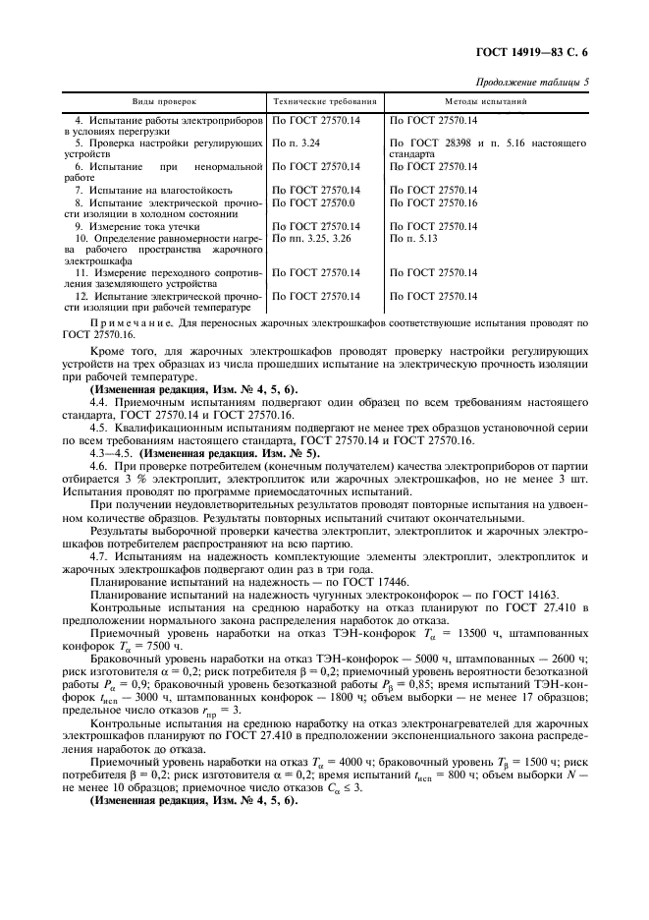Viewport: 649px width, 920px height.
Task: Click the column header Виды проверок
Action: (x=165, y=101)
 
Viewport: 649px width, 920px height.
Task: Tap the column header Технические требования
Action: (x=324, y=101)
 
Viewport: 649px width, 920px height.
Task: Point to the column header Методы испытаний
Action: (x=488, y=101)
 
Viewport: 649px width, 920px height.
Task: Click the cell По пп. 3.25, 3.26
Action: (x=311, y=238)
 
